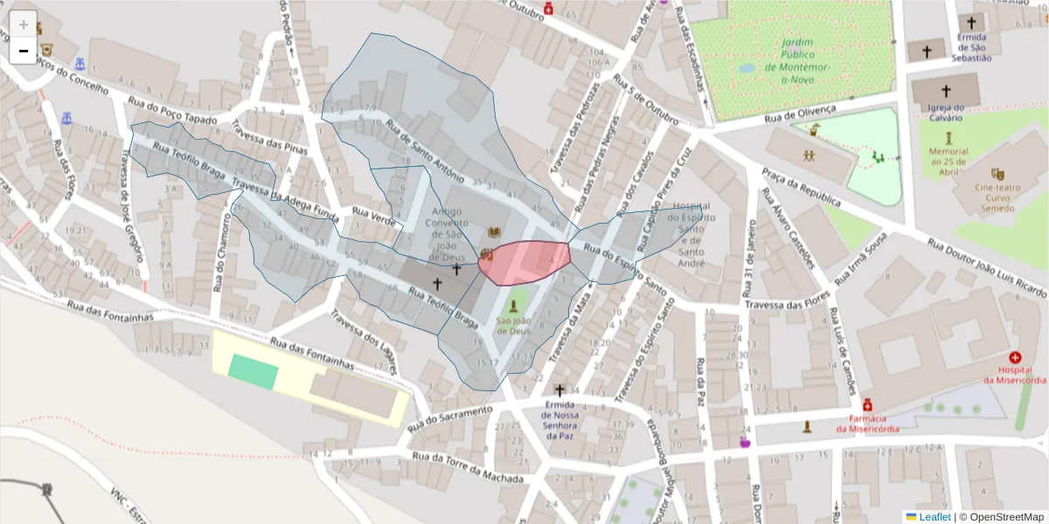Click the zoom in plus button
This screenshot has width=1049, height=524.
pyautogui.click(x=23, y=24)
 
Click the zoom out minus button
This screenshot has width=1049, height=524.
pyautogui.click(x=23, y=51)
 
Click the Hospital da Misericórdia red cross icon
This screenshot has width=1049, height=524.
pyautogui.click(x=1015, y=358)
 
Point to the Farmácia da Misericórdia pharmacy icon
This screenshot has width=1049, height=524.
pyautogui.click(x=867, y=405)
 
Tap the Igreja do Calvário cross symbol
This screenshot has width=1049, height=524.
pyautogui.click(x=945, y=90)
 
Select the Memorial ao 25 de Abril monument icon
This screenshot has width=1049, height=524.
pyautogui.click(x=948, y=138)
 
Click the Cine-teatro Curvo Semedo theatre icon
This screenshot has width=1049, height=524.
pyautogui.click(x=997, y=174)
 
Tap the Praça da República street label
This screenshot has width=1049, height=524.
pyautogui.click(x=801, y=187)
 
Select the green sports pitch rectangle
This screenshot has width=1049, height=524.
pyautogui.click(x=254, y=372)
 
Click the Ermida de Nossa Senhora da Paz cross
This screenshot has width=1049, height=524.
pyautogui.click(x=559, y=390)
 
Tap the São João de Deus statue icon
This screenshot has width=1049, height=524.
pyautogui.click(x=514, y=307)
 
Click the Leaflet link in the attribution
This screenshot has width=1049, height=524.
pyautogui.click(x=934, y=517)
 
